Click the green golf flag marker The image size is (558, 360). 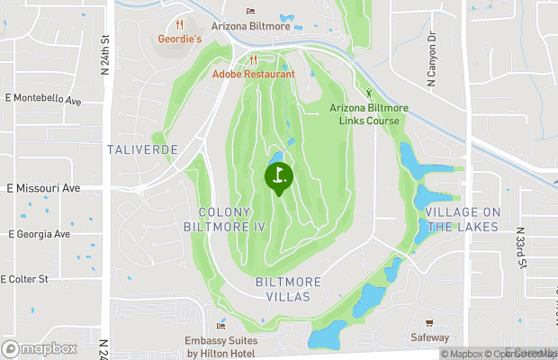coord(278,176)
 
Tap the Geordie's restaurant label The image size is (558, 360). coord(179,40)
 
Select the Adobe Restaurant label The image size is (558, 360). coord(254,74)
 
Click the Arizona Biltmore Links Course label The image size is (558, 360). coord(368,114)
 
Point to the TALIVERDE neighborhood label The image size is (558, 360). coord(141,148)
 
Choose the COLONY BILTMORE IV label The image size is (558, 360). coord(232,220)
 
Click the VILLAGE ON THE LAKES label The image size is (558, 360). coord(462,219)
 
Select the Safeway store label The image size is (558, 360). coord(429,338)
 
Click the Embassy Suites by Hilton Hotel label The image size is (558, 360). coord(221,346)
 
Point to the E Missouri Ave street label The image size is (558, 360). coord(43,188)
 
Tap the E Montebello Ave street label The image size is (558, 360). coord(43,96)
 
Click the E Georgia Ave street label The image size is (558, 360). coord(39,234)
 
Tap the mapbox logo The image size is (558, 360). coord(40,348)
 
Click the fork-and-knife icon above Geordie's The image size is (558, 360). coord(179,24)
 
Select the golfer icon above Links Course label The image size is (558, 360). coord(368,93)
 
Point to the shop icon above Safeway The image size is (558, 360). coord(429,323)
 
